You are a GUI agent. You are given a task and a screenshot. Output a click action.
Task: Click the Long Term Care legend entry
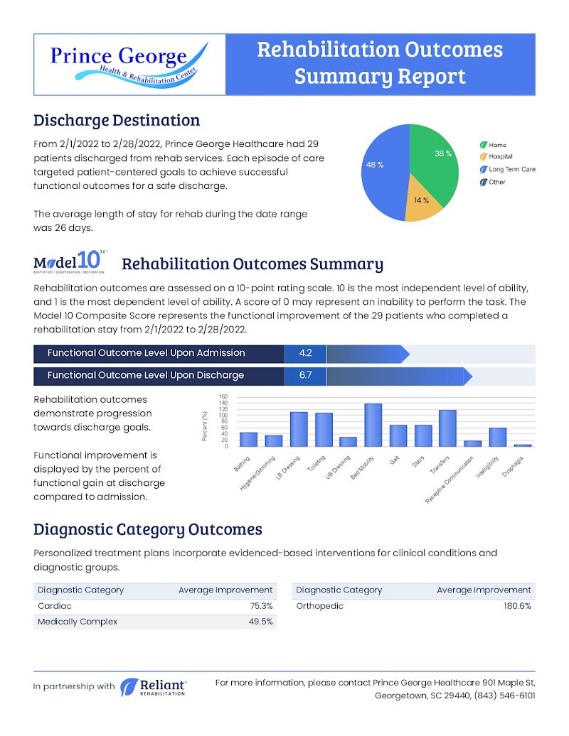pyautogui.click(x=511, y=169)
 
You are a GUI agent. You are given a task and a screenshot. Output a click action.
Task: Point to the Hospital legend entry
pyautogui.click(x=500, y=156)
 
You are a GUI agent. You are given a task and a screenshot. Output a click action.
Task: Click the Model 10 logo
pyautogui.click(x=69, y=261)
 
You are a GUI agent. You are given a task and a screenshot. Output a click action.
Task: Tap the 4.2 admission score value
pyautogui.click(x=305, y=353)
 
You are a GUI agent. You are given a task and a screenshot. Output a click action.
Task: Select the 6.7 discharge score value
pyautogui.click(x=305, y=375)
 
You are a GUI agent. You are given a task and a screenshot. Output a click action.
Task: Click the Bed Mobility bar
pyautogui.click(x=373, y=425)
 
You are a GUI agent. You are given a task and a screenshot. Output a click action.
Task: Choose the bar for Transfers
pyautogui.click(x=447, y=428)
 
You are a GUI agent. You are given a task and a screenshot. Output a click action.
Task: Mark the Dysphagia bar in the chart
pyautogui.click(x=522, y=445)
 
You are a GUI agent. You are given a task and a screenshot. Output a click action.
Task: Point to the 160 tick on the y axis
pyautogui.click(x=223, y=397)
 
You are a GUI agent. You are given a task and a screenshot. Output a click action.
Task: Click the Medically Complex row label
pyautogui.click(x=78, y=622)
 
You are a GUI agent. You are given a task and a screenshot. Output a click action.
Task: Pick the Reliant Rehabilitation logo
pyautogui.click(x=154, y=686)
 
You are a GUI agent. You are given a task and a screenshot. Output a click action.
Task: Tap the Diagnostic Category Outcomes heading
pyautogui.click(x=148, y=529)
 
